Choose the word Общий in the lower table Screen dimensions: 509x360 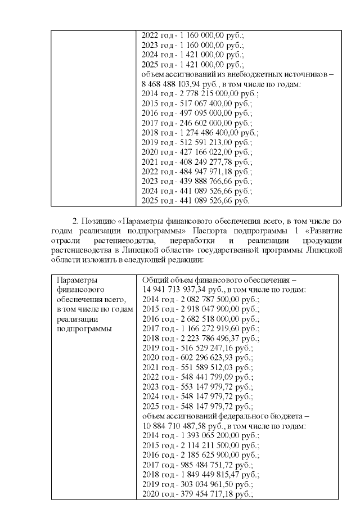click(154, 280)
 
